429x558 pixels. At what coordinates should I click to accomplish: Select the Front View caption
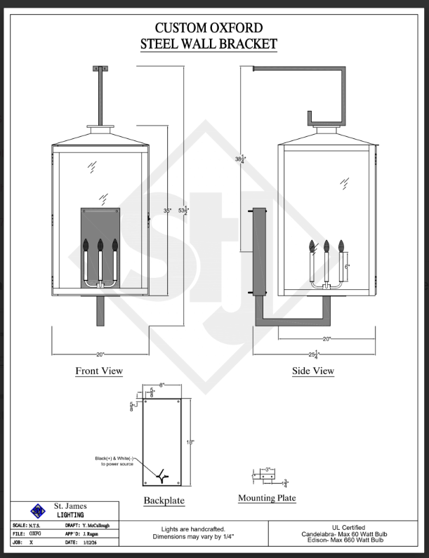pyautogui.click(x=99, y=371)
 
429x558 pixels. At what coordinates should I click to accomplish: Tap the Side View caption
pyautogui.click(x=313, y=371)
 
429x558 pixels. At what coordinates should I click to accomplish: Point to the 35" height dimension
pyautogui.click(x=167, y=211)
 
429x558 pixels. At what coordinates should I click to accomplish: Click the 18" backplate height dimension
pyautogui.click(x=190, y=441)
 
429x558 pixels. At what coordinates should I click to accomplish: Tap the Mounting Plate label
pyautogui.click(x=267, y=498)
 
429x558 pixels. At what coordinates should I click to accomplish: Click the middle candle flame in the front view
pyautogui.click(x=100, y=245)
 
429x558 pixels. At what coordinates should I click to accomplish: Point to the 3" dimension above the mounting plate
pyautogui.click(x=268, y=469)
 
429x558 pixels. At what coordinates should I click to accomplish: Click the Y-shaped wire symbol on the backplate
pyautogui.click(x=162, y=476)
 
